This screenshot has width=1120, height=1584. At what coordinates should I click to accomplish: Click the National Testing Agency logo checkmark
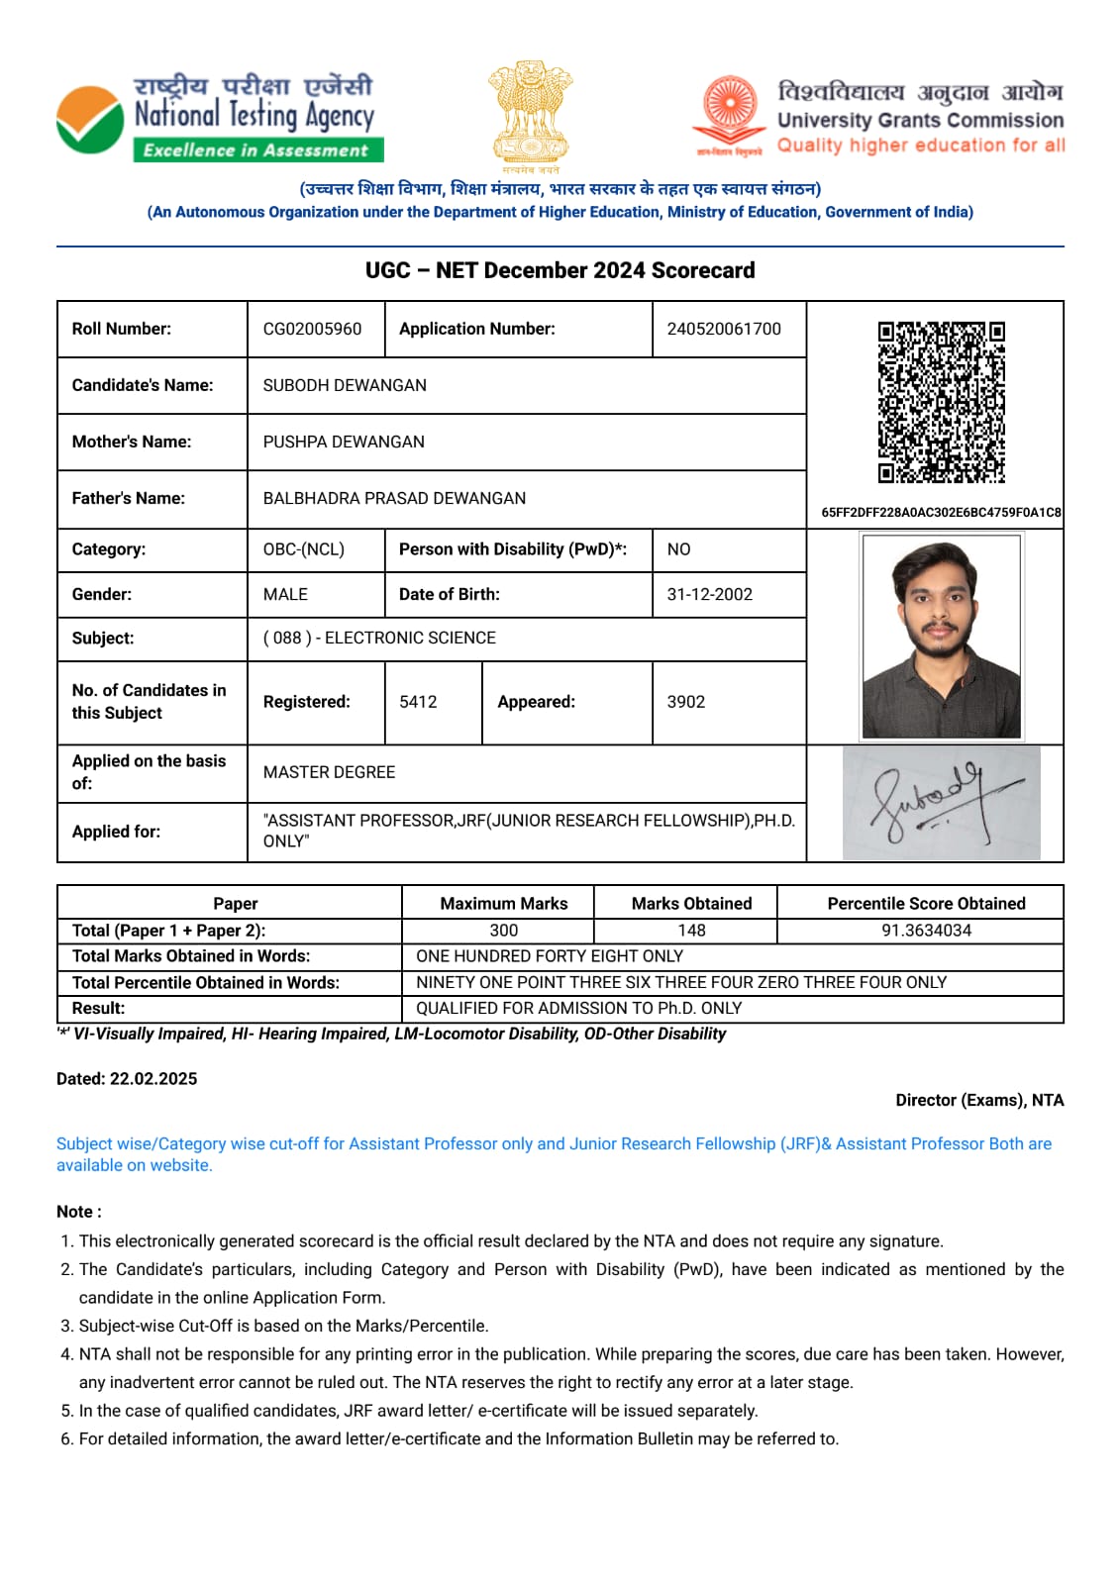click(x=90, y=120)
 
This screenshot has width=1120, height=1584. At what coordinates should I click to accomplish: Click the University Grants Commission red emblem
click(x=730, y=110)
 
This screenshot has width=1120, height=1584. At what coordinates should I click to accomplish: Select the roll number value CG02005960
click(x=312, y=329)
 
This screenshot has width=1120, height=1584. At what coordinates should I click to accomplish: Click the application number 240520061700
click(x=724, y=329)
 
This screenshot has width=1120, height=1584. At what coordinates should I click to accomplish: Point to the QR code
click(x=941, y=402)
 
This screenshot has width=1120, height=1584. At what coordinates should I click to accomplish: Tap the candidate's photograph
click(x=941, y=637)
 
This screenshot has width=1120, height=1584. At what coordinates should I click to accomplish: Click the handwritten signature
click(x=941, y=803)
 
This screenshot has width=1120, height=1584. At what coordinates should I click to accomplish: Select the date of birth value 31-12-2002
click(x=709, y=594)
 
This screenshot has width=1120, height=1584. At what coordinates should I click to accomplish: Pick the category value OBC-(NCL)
click(x=303, y=549)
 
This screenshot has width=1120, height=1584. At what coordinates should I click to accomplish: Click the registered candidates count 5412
click(x=418, y=702)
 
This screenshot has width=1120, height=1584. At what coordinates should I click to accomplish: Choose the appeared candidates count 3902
click(x=685, y=702)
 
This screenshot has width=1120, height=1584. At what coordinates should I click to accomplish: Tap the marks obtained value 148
click(x=691, y=931)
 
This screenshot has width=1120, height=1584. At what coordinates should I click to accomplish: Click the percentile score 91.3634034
click(x=926, y=931)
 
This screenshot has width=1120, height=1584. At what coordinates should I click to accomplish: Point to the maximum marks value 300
click(x=503, y=931)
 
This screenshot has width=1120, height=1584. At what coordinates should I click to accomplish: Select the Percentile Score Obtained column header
click(x=926, y=903)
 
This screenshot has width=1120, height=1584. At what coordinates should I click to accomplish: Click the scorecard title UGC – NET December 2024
click(x=560, y=270)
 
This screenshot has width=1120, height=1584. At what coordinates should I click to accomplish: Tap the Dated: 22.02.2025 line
click(x=127, y=1078)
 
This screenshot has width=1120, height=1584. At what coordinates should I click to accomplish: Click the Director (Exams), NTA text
click(x=978, y=1100)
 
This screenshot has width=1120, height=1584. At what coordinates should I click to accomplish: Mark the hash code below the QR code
click(x=940, y=512)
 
